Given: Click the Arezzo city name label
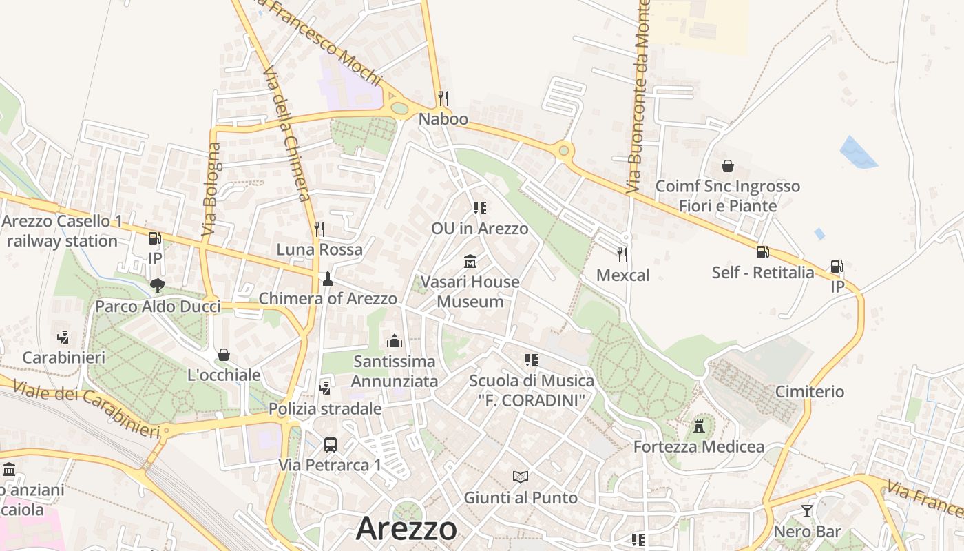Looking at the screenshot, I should click(x=406, y=529).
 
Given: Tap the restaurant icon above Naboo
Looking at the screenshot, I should click(x=443, y=98).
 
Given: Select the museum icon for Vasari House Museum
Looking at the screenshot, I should click(x=470, y=262).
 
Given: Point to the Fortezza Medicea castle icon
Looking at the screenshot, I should click(x=699, y=426).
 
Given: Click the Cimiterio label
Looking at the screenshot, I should click(x=809, y=392).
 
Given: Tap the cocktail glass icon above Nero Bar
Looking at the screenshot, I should click(x=807, y=511).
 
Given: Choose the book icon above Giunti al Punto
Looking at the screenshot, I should click(x=521, y=477).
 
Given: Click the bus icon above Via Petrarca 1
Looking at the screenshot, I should click(x=331, y=445).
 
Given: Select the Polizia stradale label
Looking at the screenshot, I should click(x=325, y=408).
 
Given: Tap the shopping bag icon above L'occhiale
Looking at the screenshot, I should click(x=223, y=355).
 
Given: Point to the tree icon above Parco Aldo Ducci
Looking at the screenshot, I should click(x=158, y=285).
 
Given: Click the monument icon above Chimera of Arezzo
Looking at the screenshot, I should click(x=328, y=279).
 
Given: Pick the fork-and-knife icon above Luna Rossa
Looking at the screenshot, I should click(x=319, y=229).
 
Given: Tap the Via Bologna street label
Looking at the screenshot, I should click(x=211, y=189).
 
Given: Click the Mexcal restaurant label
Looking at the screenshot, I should click(x=622, y=275).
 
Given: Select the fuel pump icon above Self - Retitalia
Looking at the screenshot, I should click(x=762, y=252).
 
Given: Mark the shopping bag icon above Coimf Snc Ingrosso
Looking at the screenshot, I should click(x=728, y=166).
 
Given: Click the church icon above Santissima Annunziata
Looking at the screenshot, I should click(x=394, y=340).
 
